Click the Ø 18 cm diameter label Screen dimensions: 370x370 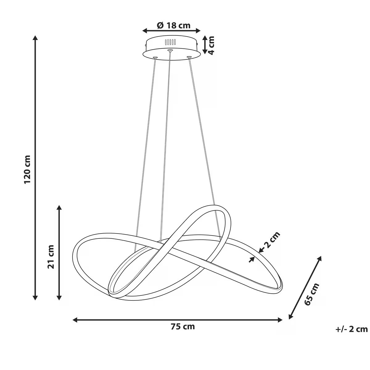click(x=174, y=25)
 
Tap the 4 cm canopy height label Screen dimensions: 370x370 click(x=211, y=46)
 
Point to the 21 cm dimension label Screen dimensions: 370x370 click(x=51, y=257)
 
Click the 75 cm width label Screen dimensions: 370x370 click(x=183, y=327)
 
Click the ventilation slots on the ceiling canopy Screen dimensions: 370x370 click(x=170, y=42)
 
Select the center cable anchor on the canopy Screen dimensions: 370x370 click(x=170, y=51)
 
